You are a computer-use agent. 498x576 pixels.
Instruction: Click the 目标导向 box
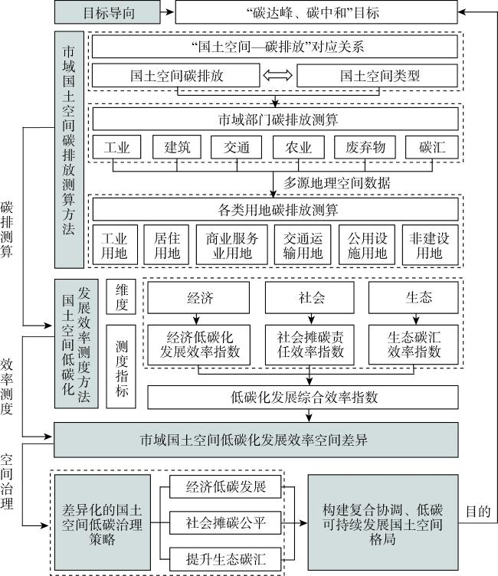click(x=107, y=12)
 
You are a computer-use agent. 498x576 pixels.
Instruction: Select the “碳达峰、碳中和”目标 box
click(x=316, y=12)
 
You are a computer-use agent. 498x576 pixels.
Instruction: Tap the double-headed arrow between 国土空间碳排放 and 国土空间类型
click(x=278, y=76)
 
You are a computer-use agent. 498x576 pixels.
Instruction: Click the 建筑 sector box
click(x=177, y=147)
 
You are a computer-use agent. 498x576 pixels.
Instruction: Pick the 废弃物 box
click(x=365, y=147)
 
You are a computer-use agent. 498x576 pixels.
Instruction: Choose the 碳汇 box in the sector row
click(x=432, y=147)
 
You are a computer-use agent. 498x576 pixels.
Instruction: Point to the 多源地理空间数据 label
click(x=336, y=182)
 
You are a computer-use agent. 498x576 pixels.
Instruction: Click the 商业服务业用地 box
click(x=232, y=244)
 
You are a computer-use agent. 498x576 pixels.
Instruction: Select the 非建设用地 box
click(x=431, y=244)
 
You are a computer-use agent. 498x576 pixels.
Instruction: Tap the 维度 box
click(x=121, y=297)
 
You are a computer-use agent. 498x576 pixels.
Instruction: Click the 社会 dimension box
click(x=310, y=297)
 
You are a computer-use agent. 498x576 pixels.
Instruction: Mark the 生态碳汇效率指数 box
click(x=414, y=345)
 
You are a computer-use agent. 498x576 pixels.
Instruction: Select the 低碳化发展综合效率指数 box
click(x=303, y=397)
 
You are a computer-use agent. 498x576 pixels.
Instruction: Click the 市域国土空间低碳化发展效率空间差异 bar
click(x=256, y=440)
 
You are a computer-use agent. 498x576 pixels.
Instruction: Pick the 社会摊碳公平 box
click(x=225, y=522)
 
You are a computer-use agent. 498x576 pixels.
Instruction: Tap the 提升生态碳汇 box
click(x=225, y=558)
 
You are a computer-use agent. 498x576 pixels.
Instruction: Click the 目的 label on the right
click(x=478, y=511)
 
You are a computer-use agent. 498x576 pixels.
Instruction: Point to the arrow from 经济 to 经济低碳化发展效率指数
click(x=197, y=319)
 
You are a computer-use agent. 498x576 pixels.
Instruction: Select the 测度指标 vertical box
click(x=121, y=367)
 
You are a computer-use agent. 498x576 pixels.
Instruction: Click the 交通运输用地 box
click(x=303, y=244)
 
